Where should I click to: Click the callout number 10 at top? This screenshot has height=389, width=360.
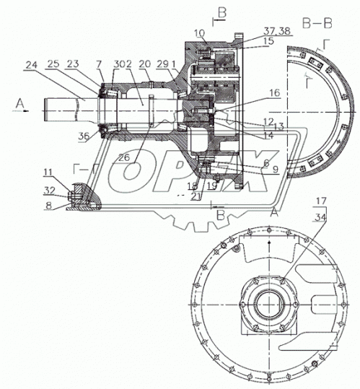tap(199, 33)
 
